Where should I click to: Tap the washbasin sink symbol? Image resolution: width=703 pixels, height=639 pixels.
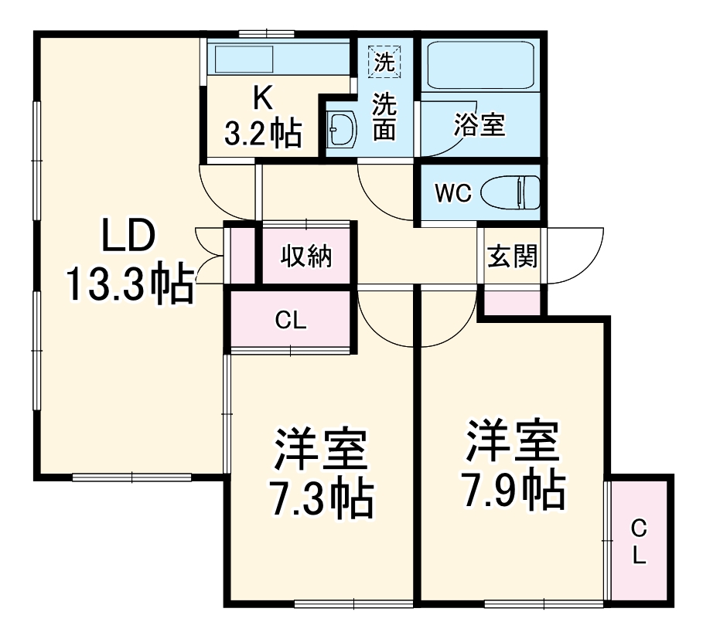pos(340,129)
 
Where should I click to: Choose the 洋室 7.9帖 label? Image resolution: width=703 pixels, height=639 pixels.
pos(511,464)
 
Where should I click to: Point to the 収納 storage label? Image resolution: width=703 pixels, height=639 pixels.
pos(306,256)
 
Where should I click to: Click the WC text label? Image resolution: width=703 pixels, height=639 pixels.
pos(452,193)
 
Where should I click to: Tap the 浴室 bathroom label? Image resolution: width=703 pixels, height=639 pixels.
pos(479,126)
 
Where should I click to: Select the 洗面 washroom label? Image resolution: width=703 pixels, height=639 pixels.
pos(384,116)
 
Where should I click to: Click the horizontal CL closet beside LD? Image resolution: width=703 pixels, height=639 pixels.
pos(291,321)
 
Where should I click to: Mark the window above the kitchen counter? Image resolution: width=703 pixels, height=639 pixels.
pos(262,33)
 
